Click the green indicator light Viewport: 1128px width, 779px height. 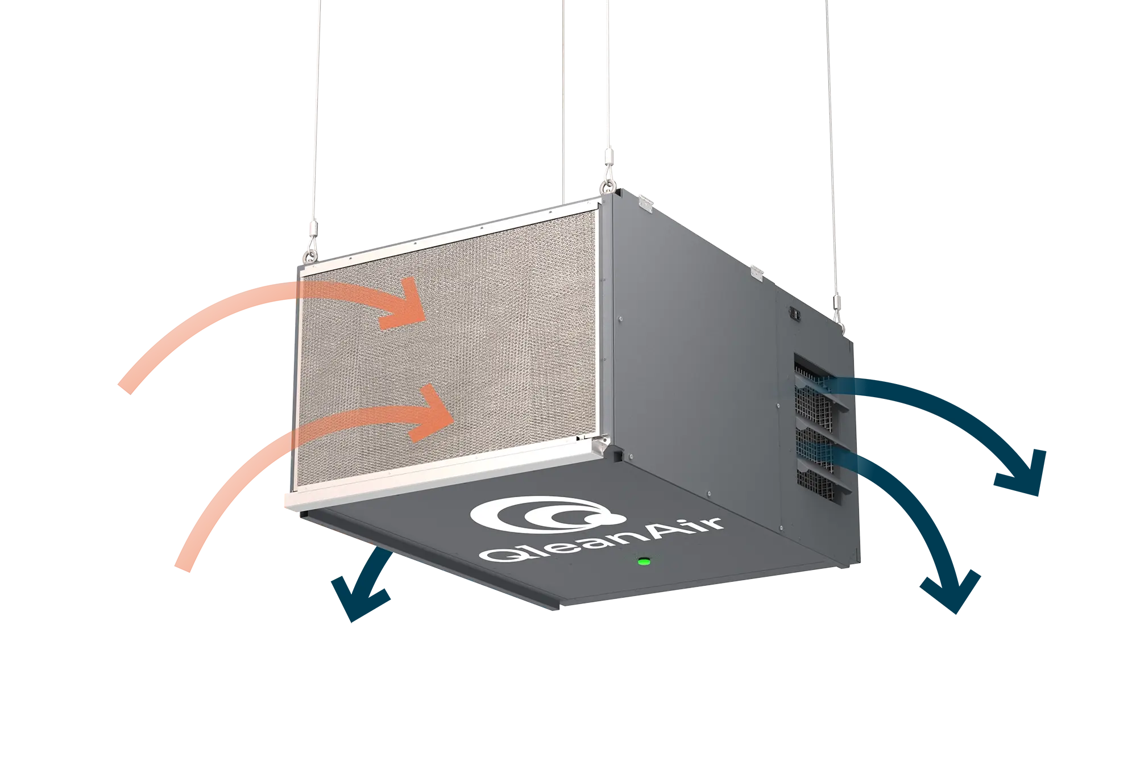coord(644,561)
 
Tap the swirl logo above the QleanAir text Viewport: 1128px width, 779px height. coord(546,515)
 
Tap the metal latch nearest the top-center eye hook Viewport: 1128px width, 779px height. coord(645,203)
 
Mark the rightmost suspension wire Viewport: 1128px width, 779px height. coord(831,148)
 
